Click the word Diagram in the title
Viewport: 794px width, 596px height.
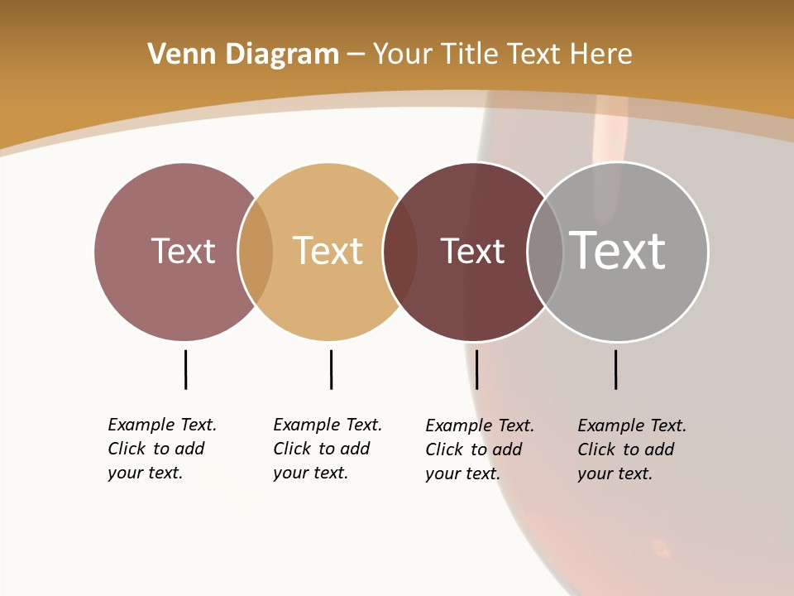[x=282, y=55]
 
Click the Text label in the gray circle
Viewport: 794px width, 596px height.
[x=617, y=251]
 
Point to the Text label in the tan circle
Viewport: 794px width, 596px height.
[x=328, y=251]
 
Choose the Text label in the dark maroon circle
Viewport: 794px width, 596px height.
[x=472, y=251]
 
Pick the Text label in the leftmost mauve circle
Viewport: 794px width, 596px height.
[x=183, y=251]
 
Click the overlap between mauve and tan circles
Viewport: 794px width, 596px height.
[x=256, y=252]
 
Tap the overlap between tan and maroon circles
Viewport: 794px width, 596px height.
[x=400, y=252]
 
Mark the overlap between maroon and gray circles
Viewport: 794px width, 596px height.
[x=545, y=252]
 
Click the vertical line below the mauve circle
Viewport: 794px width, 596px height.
[x=185, y=369]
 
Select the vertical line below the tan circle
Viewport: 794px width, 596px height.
[x=331, y=369]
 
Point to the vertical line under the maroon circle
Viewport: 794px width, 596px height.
[x=476, y=369]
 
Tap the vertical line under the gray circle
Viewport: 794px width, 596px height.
[x=615, y=369]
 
